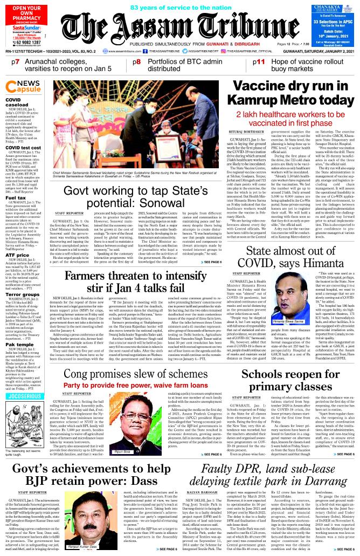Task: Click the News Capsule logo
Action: [23, 86]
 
